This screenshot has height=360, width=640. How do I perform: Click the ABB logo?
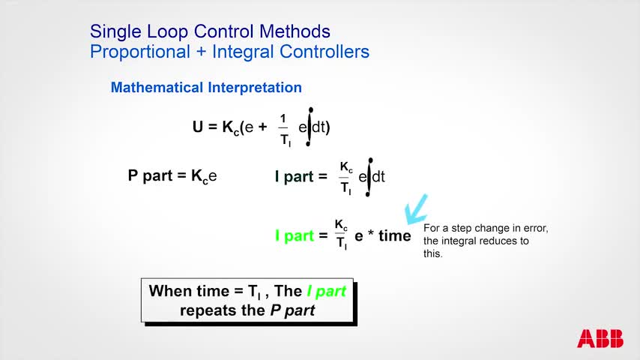[x=600, y=339]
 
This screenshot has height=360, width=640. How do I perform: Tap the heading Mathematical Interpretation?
[x=206, y=88]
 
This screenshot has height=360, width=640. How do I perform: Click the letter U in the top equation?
[x=198, y=127]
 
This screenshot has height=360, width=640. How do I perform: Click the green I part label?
[x=294, y=235]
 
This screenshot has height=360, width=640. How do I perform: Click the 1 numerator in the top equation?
[x=283, y=118]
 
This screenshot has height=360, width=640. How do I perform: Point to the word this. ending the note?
[x=433, y=253]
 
